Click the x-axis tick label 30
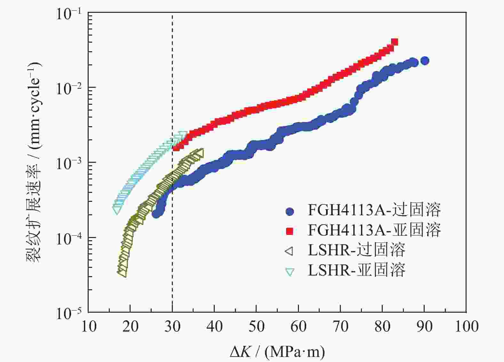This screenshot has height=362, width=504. point(172,326)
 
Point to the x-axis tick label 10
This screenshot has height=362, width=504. point(89,326)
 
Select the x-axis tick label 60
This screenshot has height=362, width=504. point(298,326)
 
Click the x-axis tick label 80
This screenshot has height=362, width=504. point(382,326)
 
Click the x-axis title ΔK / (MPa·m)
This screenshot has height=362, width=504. point(277,352)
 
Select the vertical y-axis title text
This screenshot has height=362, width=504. point(34,162)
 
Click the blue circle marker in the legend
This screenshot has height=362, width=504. point(290,211)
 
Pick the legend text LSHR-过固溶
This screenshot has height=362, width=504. point(356,250)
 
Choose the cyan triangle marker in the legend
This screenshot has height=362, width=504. point(290,272)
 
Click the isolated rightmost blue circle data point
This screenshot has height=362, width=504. point(425,61)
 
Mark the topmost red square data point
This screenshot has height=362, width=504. point(395,42)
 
